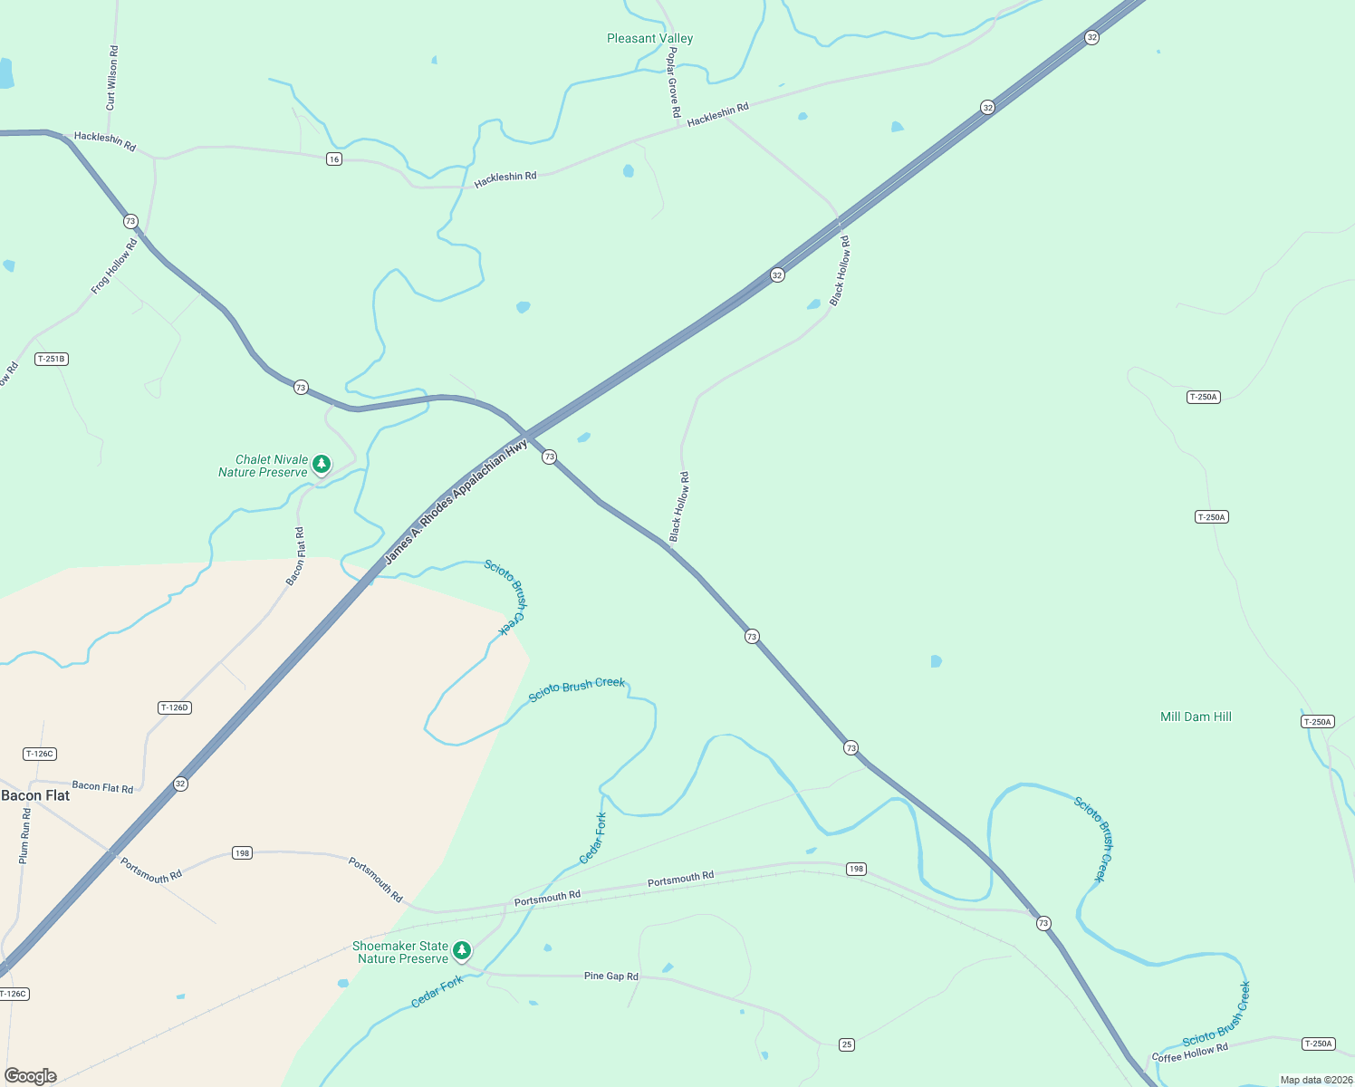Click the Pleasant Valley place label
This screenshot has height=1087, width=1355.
pos(649,38)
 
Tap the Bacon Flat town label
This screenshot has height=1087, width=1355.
pos(35,795)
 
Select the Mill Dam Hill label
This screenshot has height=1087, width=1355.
pos(1196,717)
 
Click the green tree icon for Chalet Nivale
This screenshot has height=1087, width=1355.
pos(322,465)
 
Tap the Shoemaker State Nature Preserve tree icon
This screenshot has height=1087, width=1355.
pos(462,950)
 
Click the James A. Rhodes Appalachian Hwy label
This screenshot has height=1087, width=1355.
pos(456,502)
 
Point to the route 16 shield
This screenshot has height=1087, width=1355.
pos(334,159)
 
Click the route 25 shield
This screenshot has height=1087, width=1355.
pos(847,1044)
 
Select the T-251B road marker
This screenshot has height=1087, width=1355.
pos(52,359)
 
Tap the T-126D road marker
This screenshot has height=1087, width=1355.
pos(174,707)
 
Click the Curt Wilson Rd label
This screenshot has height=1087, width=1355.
pos(111,79)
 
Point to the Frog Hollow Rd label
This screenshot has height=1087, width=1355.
pos(114,266)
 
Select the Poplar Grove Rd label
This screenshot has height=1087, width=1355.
pos(673,84)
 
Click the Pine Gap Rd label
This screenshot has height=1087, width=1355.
pos(610,976)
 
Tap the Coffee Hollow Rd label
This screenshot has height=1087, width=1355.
pos(1189,1053)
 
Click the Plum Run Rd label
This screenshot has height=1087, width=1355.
pos(25,835)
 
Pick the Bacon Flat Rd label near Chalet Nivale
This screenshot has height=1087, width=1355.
pos(296,556)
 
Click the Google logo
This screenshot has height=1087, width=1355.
pos(31,1075)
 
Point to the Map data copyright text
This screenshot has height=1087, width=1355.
pos(1315,1080)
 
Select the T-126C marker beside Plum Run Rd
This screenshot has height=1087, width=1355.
pos(40,754)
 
